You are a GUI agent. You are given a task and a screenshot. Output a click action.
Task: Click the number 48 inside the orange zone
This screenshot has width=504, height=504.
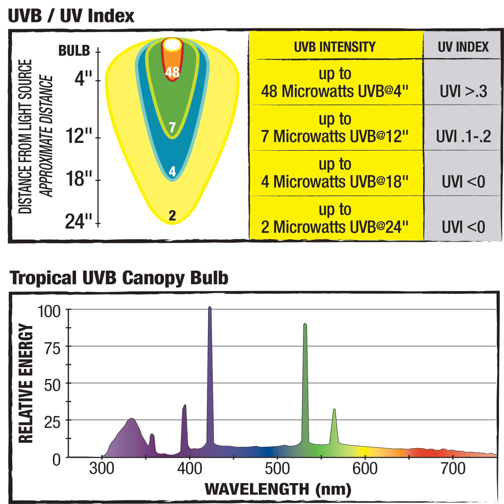[172, 72]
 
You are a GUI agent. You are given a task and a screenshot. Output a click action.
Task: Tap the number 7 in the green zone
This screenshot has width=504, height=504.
[172, 127]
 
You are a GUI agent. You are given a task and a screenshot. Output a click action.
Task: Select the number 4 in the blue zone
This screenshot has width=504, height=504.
[172, 171]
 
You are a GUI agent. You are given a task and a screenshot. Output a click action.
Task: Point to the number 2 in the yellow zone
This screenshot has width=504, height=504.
[172, 216]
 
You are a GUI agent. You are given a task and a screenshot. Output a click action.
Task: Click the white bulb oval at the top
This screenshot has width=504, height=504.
[172, 45]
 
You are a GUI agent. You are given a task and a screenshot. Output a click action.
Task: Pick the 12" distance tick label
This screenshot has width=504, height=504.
[79, 136]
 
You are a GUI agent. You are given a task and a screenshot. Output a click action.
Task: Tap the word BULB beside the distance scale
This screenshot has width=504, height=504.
[74, 51]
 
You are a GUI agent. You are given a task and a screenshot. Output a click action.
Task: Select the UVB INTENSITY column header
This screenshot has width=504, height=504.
[335, 47]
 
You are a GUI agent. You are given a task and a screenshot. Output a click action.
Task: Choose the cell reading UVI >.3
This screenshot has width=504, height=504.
[463, 92]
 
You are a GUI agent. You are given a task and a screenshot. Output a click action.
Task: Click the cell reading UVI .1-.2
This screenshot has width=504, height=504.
[463, 136]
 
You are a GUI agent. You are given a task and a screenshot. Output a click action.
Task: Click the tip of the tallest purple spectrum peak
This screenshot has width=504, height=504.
[210, 307]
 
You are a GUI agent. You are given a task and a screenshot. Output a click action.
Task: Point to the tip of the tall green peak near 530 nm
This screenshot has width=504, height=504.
[305, 324]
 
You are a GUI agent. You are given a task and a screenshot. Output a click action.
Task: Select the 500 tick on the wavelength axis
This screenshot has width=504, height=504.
[277, 469]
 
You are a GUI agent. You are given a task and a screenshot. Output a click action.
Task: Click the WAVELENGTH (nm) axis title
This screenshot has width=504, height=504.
[278, 489]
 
